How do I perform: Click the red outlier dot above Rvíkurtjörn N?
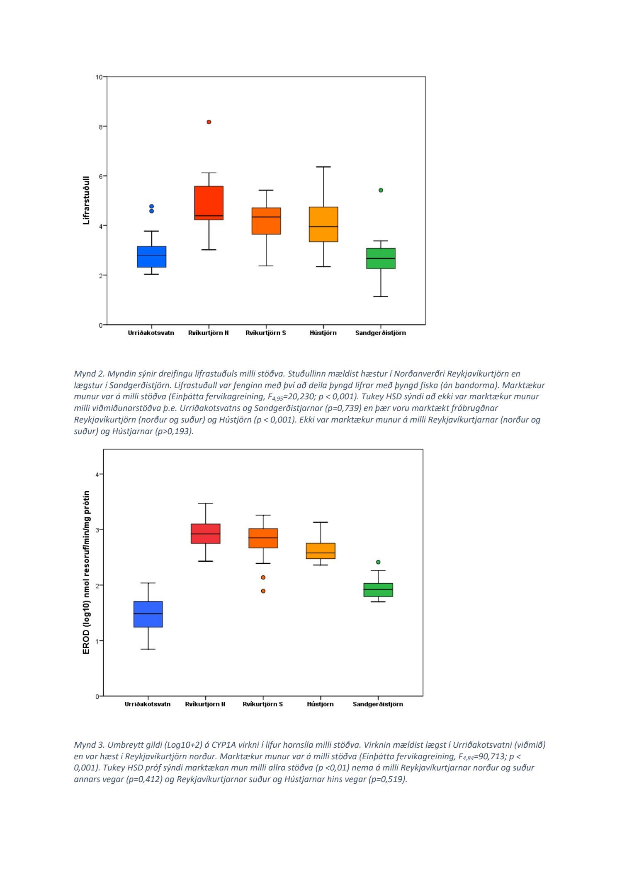(x=209, y=122)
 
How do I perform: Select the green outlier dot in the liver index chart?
(x=381, y=190)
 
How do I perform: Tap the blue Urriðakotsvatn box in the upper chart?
(x=151, y=257)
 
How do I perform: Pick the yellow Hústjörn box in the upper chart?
(x=323, y=224)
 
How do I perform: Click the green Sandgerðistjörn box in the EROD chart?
(x=378, y=590)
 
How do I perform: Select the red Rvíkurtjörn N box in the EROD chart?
(x=206, y=534)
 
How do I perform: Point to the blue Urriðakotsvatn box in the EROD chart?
(x=148, y=614)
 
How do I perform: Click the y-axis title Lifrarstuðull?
(x=86, y=200)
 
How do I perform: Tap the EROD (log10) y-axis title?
(x=86, y=572)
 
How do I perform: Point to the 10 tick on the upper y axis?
(x=99, y=77)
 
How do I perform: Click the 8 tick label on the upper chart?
(x=100, y=127)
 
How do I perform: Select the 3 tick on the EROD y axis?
(x=97, y=530)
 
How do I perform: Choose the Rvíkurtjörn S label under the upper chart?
(x=265, y=333)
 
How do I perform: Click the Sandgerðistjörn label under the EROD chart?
(x=377, y=704)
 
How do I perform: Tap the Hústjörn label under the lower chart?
(x=320, y=704)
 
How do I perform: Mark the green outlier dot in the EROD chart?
(x=378, y=562)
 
